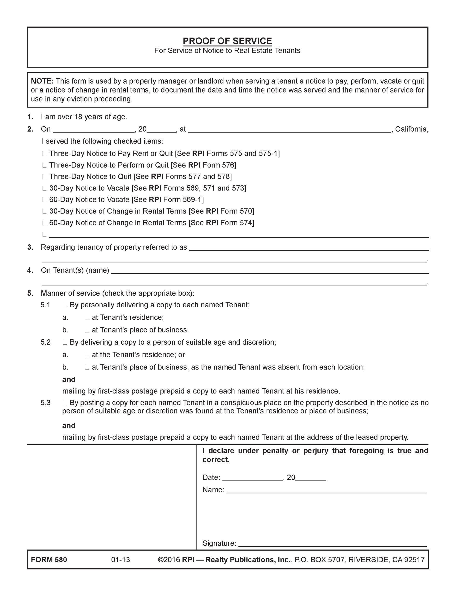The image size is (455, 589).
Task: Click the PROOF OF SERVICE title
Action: pyautogui.click(x=227, y=41)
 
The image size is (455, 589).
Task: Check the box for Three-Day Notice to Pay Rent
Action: pyautogui.click(x=44, y=154)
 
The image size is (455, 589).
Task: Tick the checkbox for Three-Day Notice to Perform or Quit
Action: pyautogui.click(x=44, y=166)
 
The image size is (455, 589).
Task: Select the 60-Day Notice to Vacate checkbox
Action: pyautogui.click(x=44, y=200)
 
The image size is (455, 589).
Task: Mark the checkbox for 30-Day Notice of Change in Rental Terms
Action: pyautogui.click(x=44, y=212)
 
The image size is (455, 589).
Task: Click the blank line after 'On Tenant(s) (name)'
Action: pyautogui.click(x=270, y=271)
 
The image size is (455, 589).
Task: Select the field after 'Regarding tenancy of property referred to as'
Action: pyautogui.click(x=309, y=248)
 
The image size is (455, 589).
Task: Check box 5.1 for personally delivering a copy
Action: pyautogui.click(x=64, y=306)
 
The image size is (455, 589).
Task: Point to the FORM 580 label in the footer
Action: pyautogui.click(x=49, y=560)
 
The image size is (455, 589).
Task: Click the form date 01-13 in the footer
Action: pyautogui.click(x=121, y=560)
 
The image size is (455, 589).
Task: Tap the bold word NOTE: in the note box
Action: pyautogui.click(x=43, y=81)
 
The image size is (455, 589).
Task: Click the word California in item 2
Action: pyautogui.click(x=411, y=129)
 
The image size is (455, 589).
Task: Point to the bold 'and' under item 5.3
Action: pyautogui.click(x=69, y=426)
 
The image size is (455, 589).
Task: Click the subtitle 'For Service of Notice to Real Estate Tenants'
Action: pyautogui.click(x=227, y=51)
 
